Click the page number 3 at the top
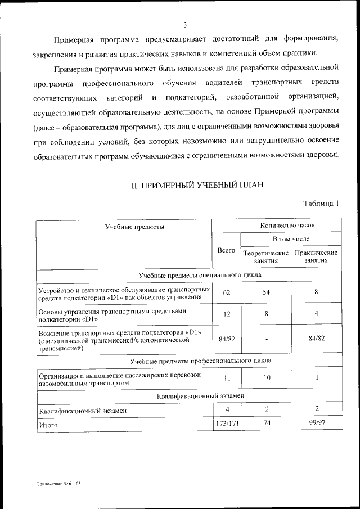click(184, 24)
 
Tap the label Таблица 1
click(321, 203)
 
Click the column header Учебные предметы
click(134, 226)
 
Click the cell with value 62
click(226, 292)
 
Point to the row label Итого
click(49, 426)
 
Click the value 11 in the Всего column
click(226, 378)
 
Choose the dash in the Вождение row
click(266, 339)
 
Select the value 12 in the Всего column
click(226, 314)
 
